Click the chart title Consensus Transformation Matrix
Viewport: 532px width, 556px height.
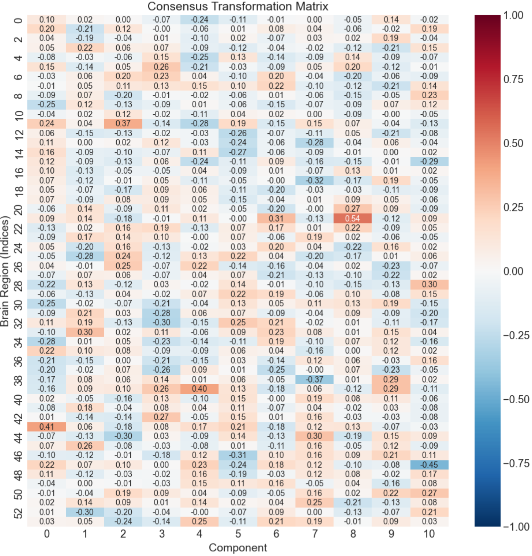pos(238,6)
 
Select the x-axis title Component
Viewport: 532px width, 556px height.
pos(238,548)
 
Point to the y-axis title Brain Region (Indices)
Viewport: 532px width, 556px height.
pos(5,271)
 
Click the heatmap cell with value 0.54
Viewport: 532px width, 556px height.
pos(353,218)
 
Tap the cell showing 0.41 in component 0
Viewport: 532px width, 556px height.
pos(46,427)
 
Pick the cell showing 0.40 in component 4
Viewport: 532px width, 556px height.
pos(199,389)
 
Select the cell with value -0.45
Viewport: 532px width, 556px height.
pos(429,465)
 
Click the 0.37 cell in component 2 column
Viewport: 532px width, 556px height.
pos(123,123)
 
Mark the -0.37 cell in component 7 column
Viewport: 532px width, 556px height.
pos(314,380)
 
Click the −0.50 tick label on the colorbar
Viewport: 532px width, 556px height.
pos(516,399)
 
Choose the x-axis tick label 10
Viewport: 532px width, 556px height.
pos(429,534)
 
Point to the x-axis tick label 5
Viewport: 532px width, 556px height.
pos(238,534)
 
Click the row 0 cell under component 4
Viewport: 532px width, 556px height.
pos(199,20)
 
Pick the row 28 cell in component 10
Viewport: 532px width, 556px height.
pos(429,285)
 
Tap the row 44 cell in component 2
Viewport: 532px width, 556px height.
pos(123,436)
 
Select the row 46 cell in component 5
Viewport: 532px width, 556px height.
pos(238,455)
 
